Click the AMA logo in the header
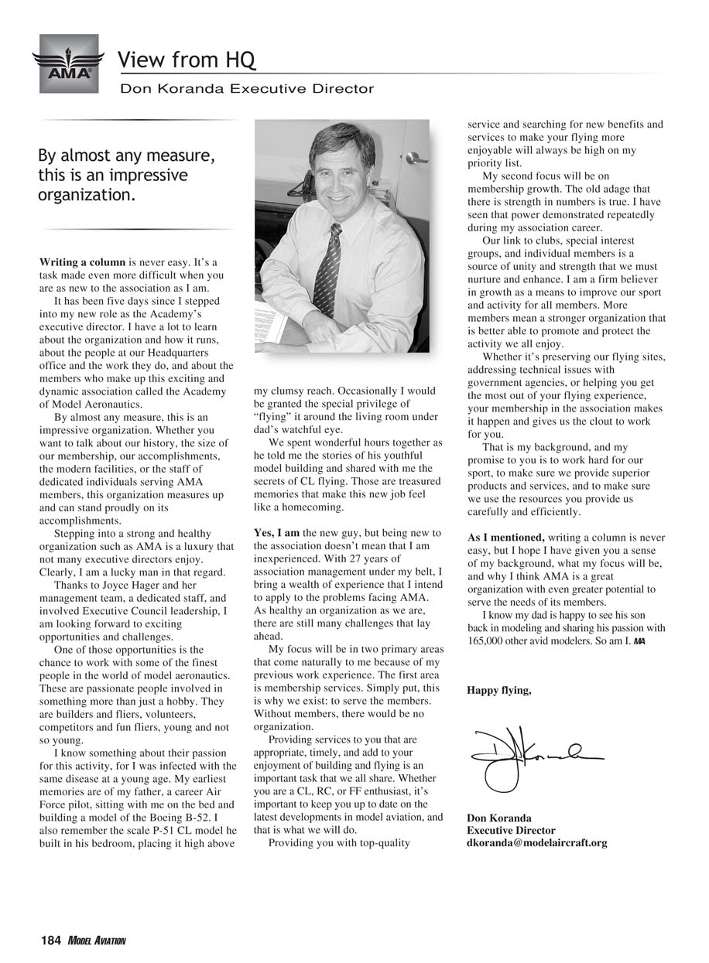pyautogui.click(x=68, y=63)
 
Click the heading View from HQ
pyautogui.click(x=187, y=60)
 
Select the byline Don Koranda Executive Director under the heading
pyautogui.click(x=246, y=89)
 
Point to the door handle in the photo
pyautogui.click(x=416, y=158)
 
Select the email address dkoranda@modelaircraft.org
pyautogui.click(x=536, y=843)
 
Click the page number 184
pyautogui.click(x=50, y=941)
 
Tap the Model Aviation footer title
pyautogui.click(x=96, y=941)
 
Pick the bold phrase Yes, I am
pyautogui.click(x=276, y=533)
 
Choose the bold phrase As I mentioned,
pyautogui.click(x=505, y=538)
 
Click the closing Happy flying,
pyautogui.click(x=498, y=691)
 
